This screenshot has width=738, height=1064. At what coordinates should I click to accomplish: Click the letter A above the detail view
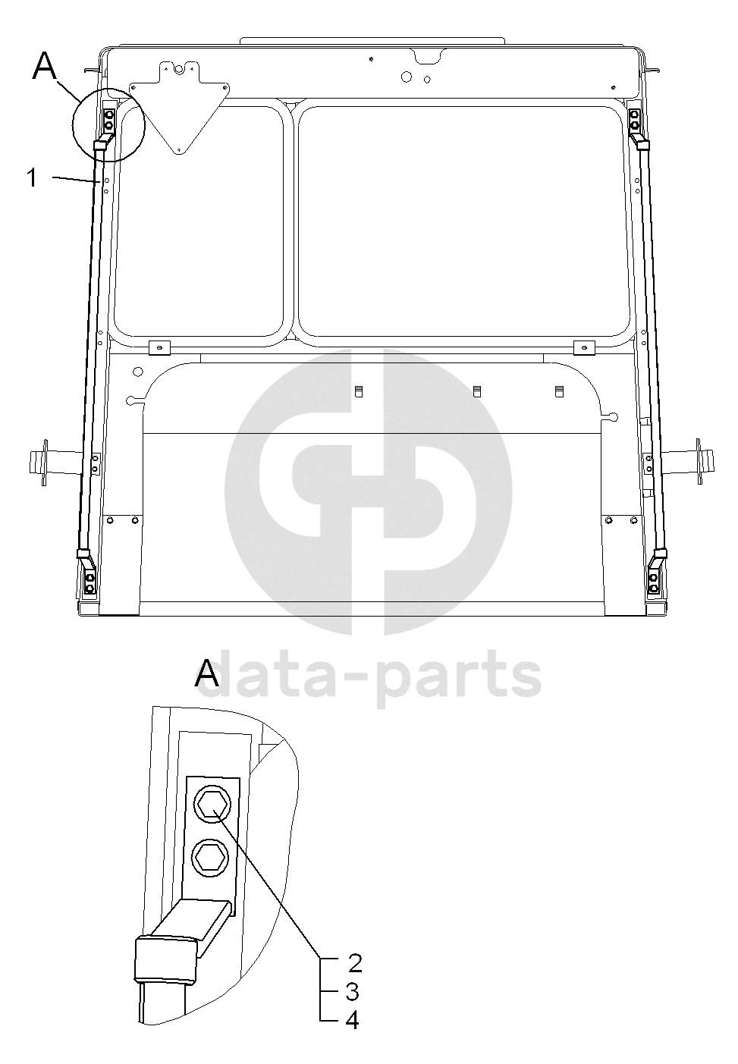click(207, 673)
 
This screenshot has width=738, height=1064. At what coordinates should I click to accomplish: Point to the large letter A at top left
click(46, 66)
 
